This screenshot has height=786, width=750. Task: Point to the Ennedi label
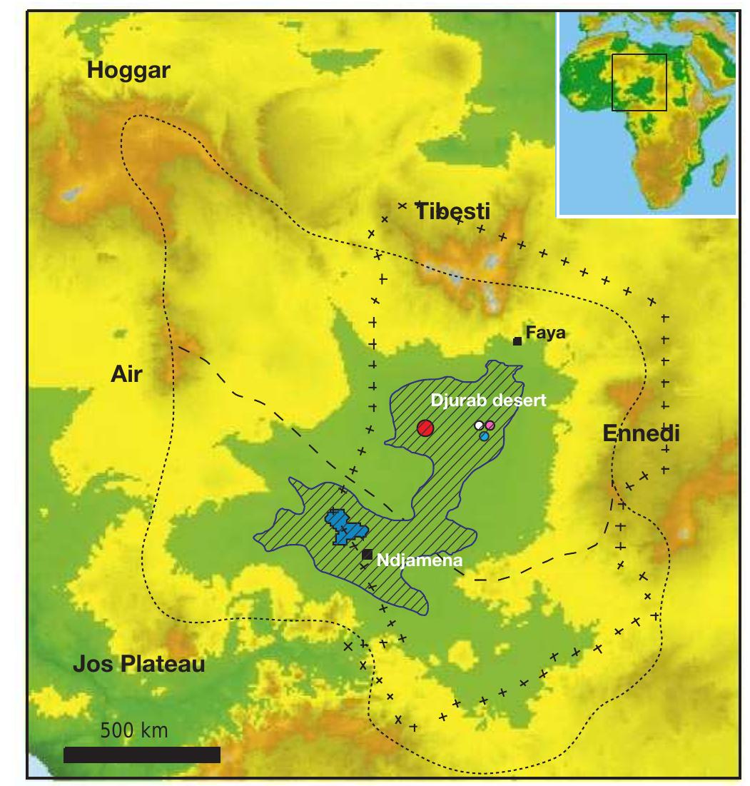click(x=640, y=433)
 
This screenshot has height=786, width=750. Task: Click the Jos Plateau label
click(x=139, y=665)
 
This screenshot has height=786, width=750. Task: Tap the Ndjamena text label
click(x=420, y=560)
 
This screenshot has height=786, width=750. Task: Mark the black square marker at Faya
click(x=517, y=341)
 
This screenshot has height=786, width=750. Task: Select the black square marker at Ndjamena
click(x=367, y=554)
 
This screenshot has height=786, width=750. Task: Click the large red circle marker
click(x=425, y=428)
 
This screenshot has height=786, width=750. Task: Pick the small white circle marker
click(x=480, y=426)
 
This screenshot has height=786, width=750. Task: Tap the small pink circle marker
click(x=490, y=425)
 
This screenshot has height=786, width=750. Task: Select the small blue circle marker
click(x=485, y=435)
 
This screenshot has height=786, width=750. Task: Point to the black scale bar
click(x=141, y=755)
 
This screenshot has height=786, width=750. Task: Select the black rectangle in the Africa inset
click(x=639, y=82)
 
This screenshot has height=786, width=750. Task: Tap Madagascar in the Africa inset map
click(x=721, y=171)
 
